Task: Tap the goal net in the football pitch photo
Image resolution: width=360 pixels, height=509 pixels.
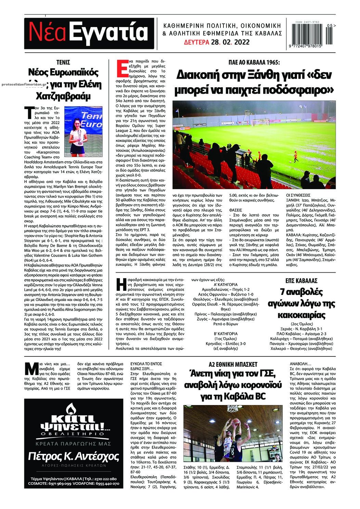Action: click(258, 121)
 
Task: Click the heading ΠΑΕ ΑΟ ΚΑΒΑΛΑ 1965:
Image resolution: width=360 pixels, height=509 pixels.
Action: click(254, 62)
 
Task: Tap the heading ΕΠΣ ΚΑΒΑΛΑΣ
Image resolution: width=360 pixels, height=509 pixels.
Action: click(300, 280)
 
